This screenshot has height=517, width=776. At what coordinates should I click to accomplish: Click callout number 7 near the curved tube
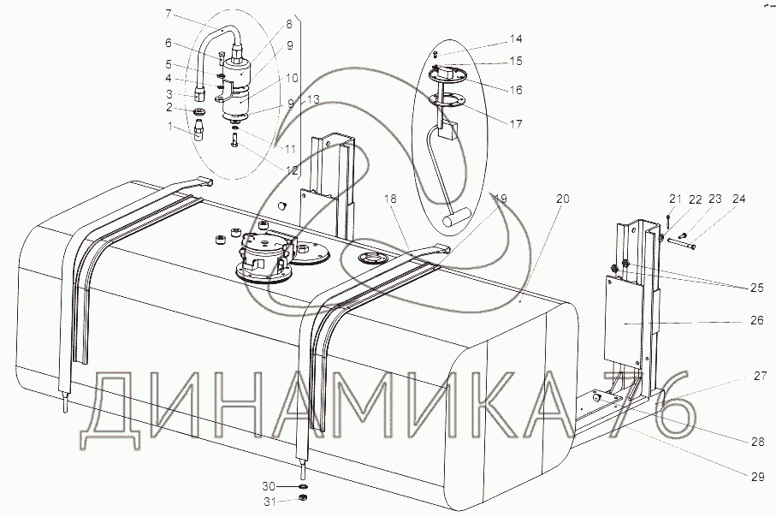click(169, 14)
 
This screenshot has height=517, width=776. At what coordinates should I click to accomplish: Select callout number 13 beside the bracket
click(313, 99)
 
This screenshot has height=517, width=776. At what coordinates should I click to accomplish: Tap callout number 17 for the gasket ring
click(516, 124)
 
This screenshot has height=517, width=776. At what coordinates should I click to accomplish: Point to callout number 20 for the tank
click(563, 199)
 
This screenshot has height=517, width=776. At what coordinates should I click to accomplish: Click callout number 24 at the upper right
click(738, 199)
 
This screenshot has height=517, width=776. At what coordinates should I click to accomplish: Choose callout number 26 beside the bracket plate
click(757, 320)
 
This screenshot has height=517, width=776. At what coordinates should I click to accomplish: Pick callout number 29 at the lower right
click(757, 477)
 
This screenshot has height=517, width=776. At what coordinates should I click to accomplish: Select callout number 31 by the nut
click(270, 502)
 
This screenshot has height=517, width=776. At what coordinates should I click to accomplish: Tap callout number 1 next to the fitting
click(170, 127)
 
